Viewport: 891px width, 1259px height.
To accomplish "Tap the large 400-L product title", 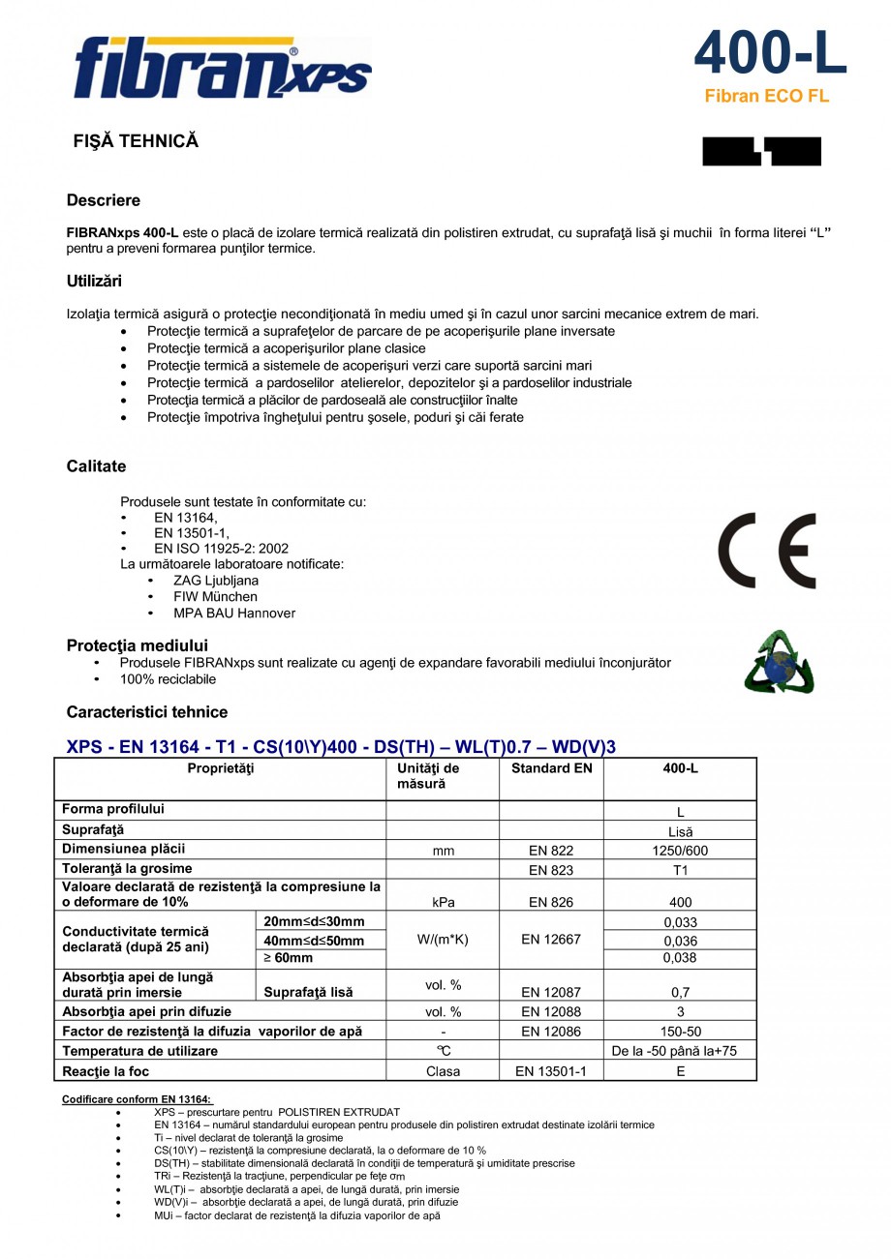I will tap(770, 53).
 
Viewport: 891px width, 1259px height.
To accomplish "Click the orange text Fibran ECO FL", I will tap(766, 97).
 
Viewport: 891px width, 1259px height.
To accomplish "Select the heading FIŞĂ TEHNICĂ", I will tap(136, 141).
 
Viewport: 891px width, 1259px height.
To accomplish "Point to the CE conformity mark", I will tap(766, 551).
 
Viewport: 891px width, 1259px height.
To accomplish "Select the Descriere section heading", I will tap(103, 200).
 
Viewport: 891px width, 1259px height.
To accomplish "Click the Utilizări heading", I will tap(94, 282).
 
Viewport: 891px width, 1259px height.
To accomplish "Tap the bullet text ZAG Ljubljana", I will tap(216, 581).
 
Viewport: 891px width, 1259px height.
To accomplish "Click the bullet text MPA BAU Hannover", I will tap(234, 614).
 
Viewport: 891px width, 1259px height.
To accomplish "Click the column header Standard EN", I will tap(551, 768).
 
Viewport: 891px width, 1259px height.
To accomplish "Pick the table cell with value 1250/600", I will tap(680, 851).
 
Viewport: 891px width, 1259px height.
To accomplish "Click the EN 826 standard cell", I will tap(551, 902).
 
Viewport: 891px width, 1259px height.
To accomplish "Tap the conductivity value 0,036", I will tap(680, 941).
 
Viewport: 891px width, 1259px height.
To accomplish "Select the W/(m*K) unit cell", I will tap(443, 939).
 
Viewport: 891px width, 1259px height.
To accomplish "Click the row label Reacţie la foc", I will tap(106, 1071).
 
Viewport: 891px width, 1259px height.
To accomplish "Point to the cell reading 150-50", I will tap(680, 1032).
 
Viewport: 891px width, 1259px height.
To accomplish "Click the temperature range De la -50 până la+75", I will tap(680, 1051).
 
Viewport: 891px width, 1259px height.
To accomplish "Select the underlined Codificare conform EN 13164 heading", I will tap(137, 1099).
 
